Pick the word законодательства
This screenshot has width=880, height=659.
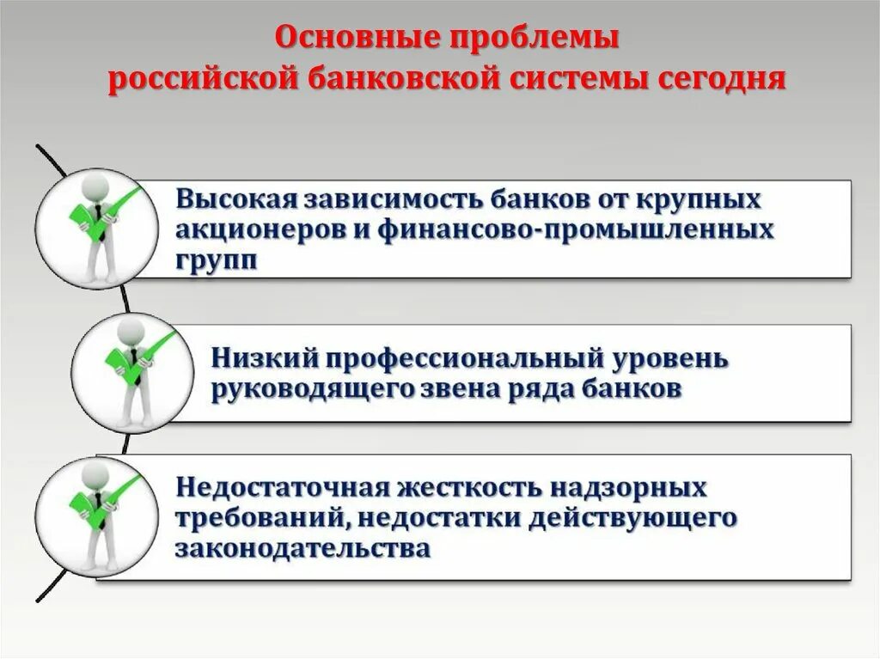tap(302, 547)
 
